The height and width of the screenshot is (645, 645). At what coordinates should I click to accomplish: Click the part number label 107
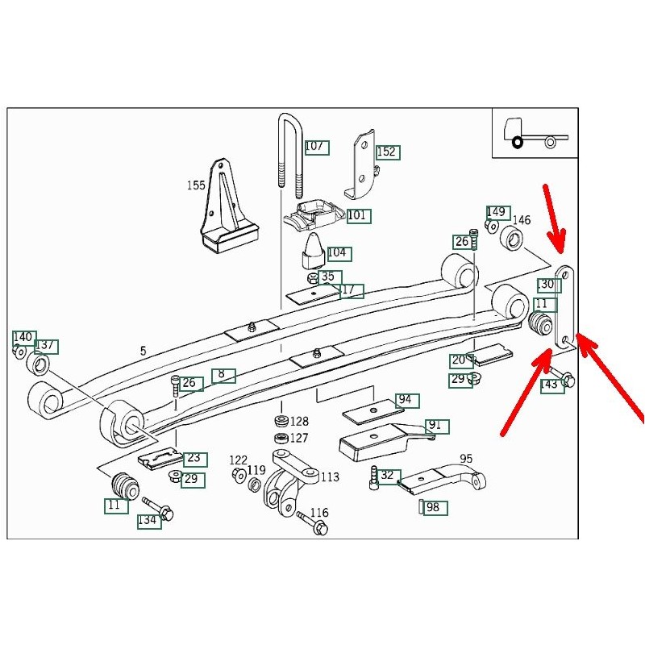click(x=315, y=147)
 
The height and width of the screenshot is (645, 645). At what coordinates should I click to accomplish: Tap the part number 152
click(x=387, y=152)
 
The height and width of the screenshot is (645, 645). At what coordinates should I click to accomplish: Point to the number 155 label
click(x=196, y=185)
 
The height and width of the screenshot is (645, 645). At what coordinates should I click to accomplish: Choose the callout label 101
click(x=357, y=215)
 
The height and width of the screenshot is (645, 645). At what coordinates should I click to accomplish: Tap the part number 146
click(x=522, y=220)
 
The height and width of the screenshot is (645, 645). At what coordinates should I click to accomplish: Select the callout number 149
click(x=497, y=212)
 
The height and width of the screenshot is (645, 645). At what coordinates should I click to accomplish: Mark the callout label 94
click(x=405, y=400)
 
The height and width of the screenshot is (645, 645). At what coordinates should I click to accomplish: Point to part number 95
click(x=466, y=458)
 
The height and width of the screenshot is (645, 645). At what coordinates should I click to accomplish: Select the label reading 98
click(x=434, y=507)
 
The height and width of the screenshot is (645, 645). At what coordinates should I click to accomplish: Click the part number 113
click(x=330, y=476)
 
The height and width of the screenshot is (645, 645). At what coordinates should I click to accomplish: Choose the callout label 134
click(x=148, y=520)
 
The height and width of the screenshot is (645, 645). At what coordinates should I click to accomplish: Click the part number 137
click(x=46, y=346)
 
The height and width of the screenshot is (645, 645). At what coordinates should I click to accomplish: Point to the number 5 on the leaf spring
click(x=143, y=351)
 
